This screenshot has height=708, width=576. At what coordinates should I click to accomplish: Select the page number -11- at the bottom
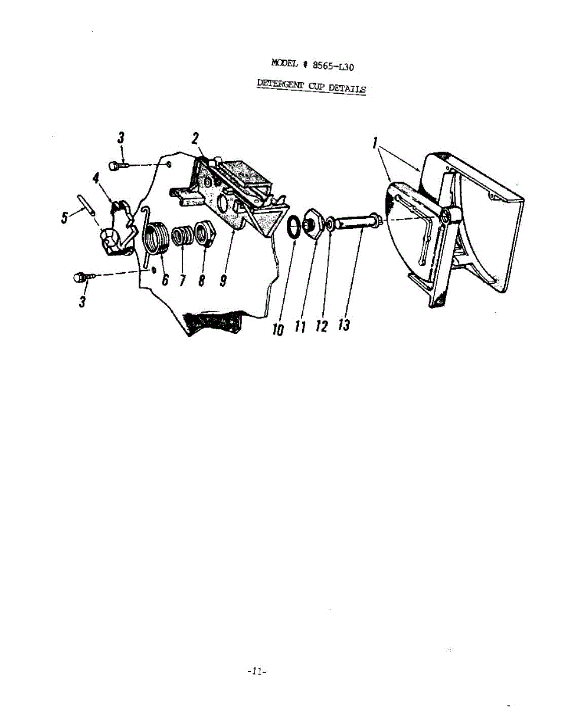[258, 671]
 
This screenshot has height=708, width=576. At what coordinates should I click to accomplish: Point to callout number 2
[195, 139]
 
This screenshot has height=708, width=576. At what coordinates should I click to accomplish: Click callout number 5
[64, 218]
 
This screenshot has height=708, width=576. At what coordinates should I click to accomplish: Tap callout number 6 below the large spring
[165, 280]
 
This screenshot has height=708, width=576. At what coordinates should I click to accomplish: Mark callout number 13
[344, 324]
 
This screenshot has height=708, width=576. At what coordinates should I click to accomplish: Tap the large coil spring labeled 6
[157, 237]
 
